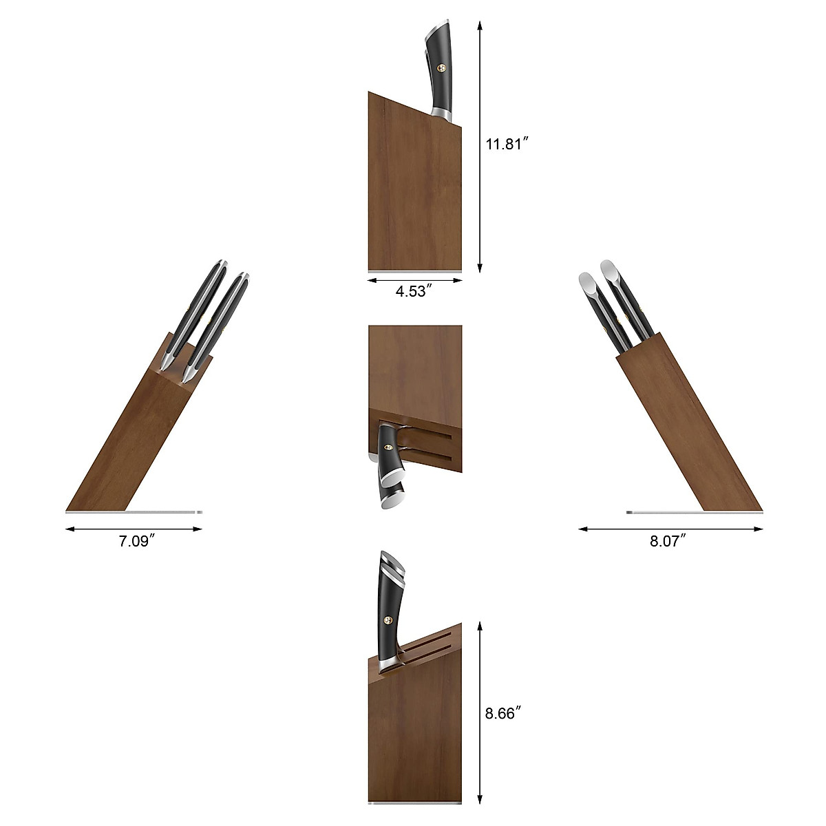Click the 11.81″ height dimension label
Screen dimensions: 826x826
point(507,145)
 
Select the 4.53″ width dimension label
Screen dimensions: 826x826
point(414,291)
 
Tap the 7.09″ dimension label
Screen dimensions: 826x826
point(134,542)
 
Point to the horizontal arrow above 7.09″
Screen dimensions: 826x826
point(134,529)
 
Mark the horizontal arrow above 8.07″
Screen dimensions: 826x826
point(670,529)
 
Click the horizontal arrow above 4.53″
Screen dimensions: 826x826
point(415,280)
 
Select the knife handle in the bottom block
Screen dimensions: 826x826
point(390,609)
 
